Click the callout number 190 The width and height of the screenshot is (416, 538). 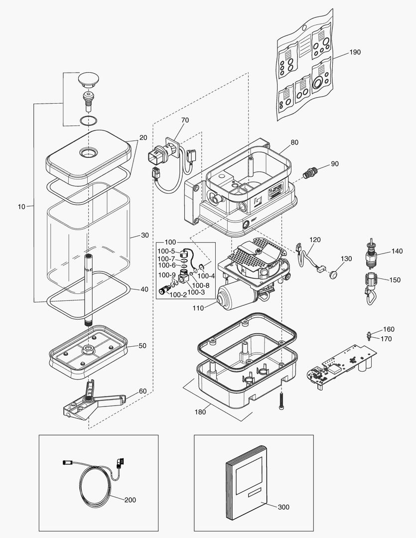pos(354,52)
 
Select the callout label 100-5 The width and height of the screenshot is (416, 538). pos(166,252)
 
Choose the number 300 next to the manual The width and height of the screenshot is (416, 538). pos(283,507)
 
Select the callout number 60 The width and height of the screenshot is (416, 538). pos(143,391)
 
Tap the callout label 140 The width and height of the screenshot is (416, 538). pos(397,252)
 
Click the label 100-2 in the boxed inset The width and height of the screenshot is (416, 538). pos(178,295)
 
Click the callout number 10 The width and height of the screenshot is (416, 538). pos(21,205)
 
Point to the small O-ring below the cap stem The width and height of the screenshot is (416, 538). pos(89,120)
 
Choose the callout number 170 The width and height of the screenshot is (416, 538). pos(386,339)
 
